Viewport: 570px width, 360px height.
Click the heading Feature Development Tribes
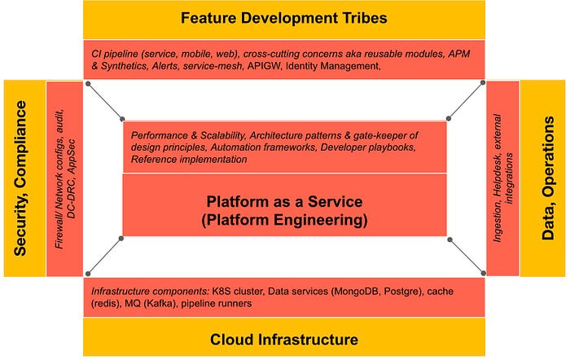[x=283, y=17]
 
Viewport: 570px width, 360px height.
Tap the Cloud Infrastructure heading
[x=283, y=339]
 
